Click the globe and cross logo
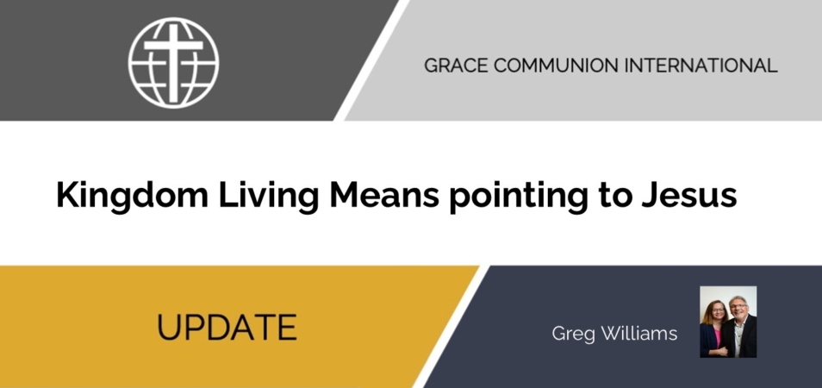173,63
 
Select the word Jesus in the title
689,195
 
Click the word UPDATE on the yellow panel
227,327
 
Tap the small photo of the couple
728,322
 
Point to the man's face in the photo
738,309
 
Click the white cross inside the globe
173,63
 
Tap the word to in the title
616,196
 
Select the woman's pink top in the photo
716,335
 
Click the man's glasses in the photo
738,307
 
